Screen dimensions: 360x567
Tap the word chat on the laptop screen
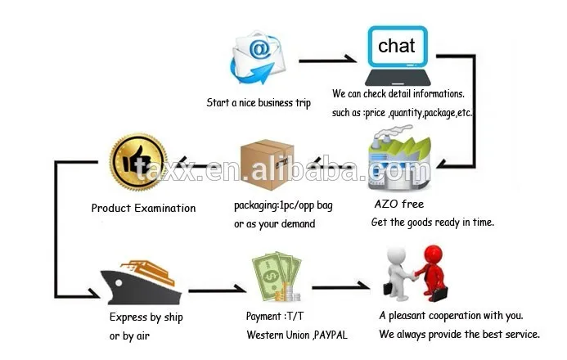tap(396, 46)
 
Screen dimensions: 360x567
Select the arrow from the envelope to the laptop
tap(326, 61)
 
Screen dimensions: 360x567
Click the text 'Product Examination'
tap(143, 209)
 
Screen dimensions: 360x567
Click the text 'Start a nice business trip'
tap(259, 103)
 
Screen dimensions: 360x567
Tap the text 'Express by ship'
tap(146, 317)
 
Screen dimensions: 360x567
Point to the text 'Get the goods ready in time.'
tap(433, 223)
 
